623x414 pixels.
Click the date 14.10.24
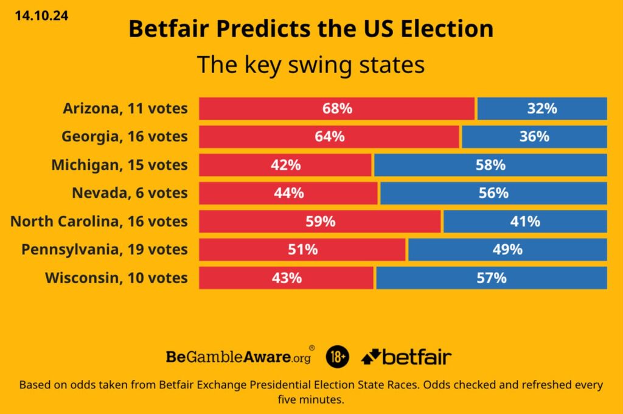coord(42,16)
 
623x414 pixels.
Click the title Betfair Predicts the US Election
coord(311,29)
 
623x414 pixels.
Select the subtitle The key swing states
coord(311,65)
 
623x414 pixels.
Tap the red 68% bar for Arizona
coord(337,108)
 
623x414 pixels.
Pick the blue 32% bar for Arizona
coord(542,108)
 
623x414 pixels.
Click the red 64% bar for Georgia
coord(329,136)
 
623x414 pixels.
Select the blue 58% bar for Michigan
coord(490,165)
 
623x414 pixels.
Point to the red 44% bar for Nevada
coord(288,193)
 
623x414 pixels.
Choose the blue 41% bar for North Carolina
coord(524,222)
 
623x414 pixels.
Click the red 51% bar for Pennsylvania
coord(302,250)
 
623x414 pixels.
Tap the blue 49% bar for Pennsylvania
coord(507,250)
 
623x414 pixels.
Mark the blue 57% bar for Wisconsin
coord(492,278)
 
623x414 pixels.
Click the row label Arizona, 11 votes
coord(125,109)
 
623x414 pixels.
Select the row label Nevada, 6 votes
coord(130,194)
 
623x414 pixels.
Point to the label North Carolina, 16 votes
coord(99,222)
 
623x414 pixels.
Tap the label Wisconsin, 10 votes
coord(117,278)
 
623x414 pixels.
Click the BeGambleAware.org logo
coord(240,357)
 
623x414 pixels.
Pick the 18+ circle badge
coord(338,357)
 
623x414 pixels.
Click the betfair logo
coord(406,357)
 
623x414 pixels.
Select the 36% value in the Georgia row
coord(534,136)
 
